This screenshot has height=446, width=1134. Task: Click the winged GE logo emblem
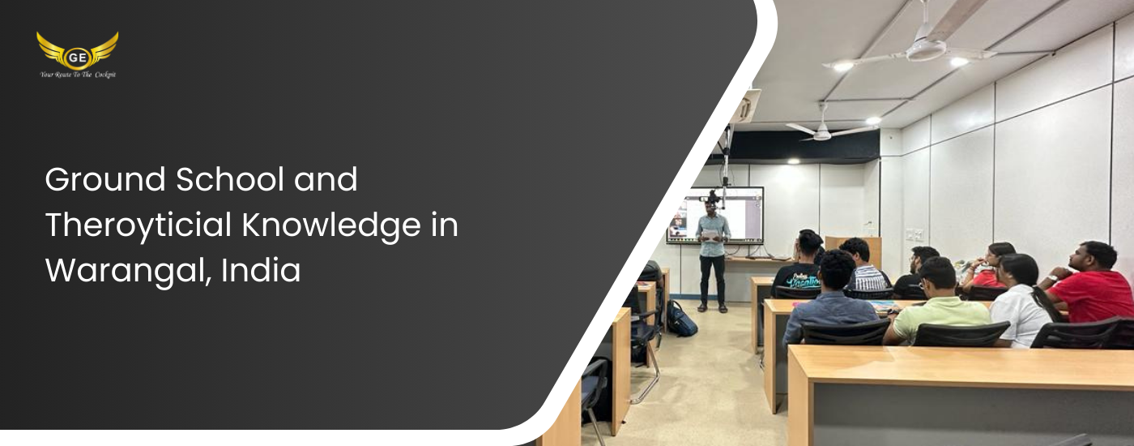pos(78,50)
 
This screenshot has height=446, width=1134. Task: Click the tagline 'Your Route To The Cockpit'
pos(78,75)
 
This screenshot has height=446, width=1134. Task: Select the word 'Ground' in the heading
pos(105,179)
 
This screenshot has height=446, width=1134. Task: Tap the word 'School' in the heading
pos(230,179)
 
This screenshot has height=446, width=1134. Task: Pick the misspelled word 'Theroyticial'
pos(139,225)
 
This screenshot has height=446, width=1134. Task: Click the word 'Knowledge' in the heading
pos(331,225)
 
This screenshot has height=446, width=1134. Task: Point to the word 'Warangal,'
pos(128,271)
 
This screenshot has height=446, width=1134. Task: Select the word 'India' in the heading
pos(261,270)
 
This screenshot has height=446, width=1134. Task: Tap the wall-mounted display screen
pos(714,215)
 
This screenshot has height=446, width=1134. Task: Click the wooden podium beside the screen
pos(854,250)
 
